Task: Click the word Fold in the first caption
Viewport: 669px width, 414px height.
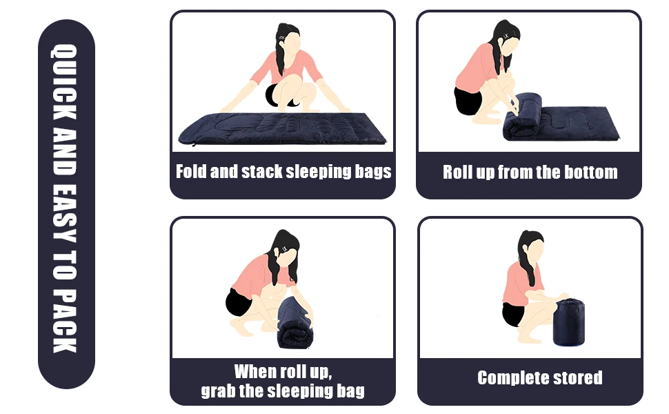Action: (x=190, y=171)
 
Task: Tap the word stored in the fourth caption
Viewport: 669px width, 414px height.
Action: (x=579, y=377)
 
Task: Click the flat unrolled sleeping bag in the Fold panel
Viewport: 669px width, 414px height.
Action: (x=283, y=128)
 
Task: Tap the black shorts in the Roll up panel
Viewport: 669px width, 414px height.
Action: (x=468, y=99)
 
